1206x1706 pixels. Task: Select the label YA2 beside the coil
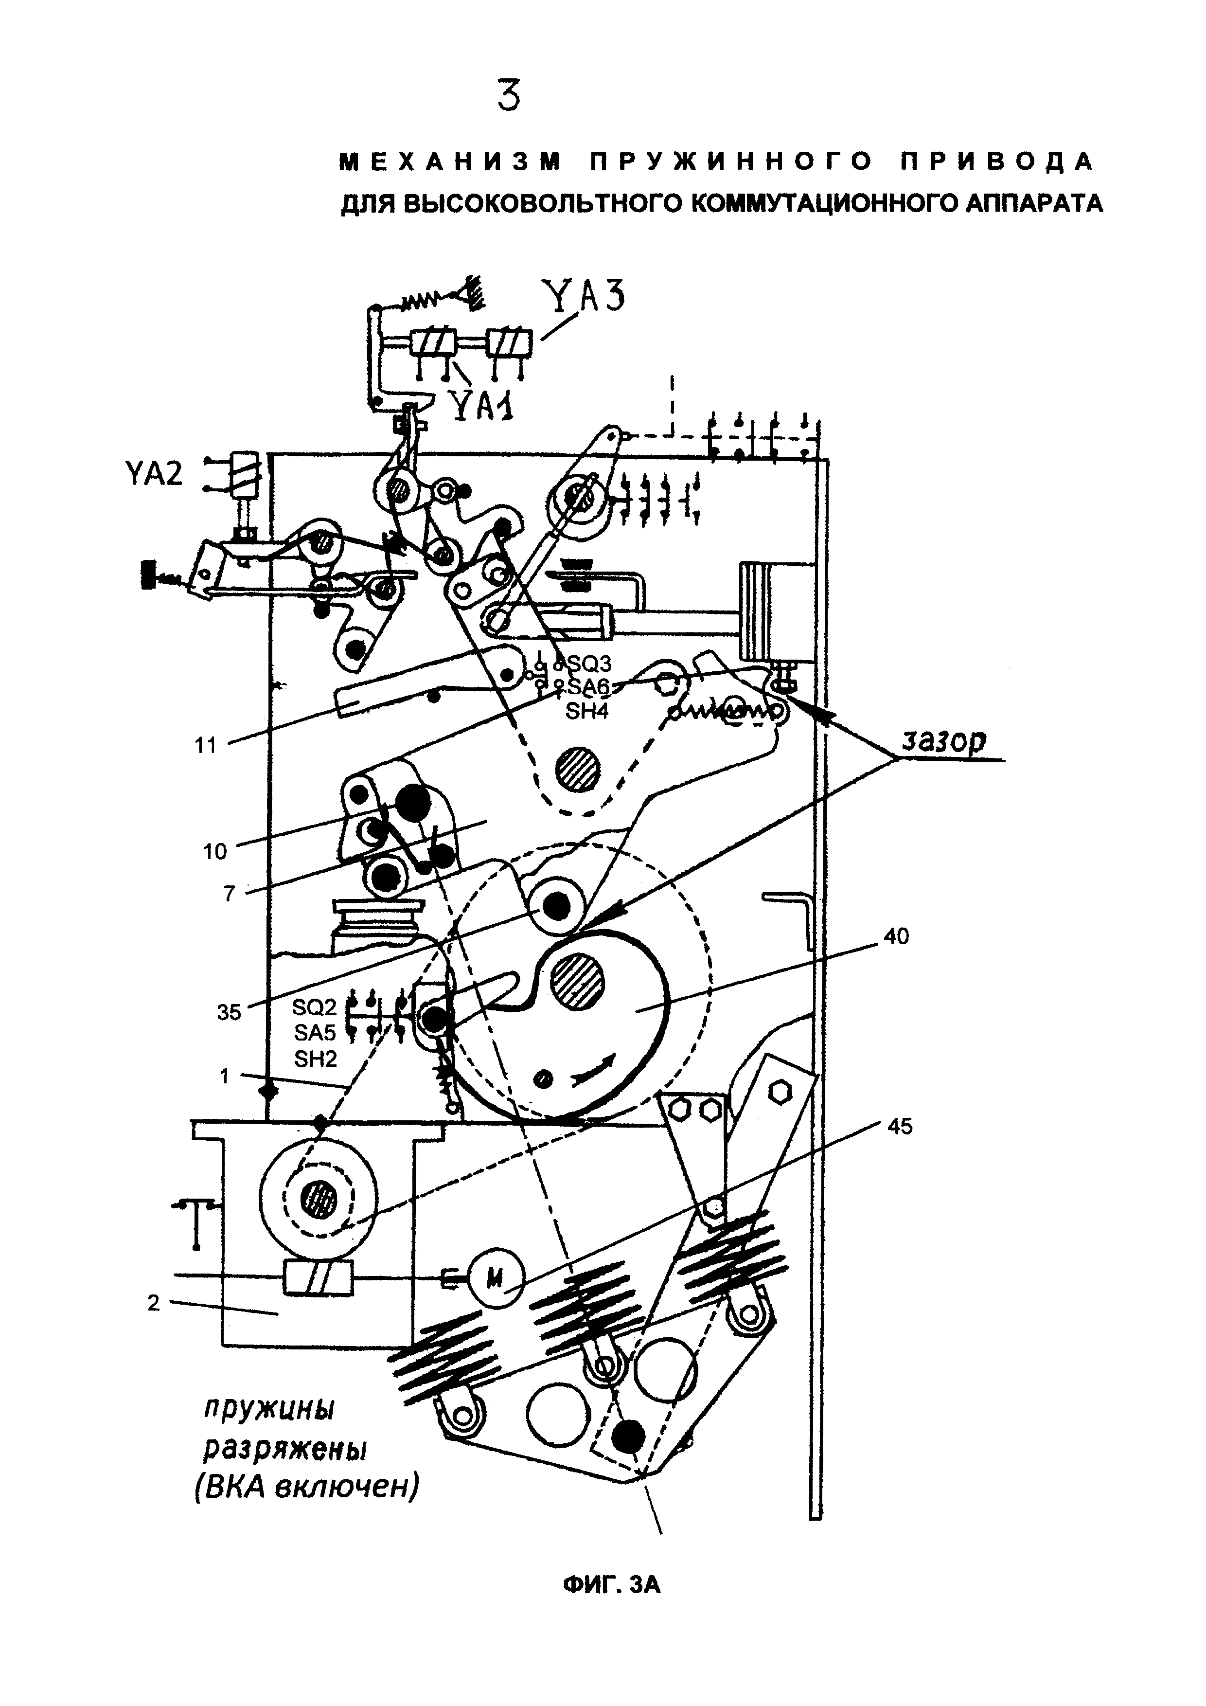click(154, 472)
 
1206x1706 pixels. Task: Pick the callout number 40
click(896, 937)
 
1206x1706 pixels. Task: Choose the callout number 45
click(899, 1127)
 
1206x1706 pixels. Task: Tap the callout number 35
click(229, 1012)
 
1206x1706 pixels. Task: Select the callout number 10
click(214, 851)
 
